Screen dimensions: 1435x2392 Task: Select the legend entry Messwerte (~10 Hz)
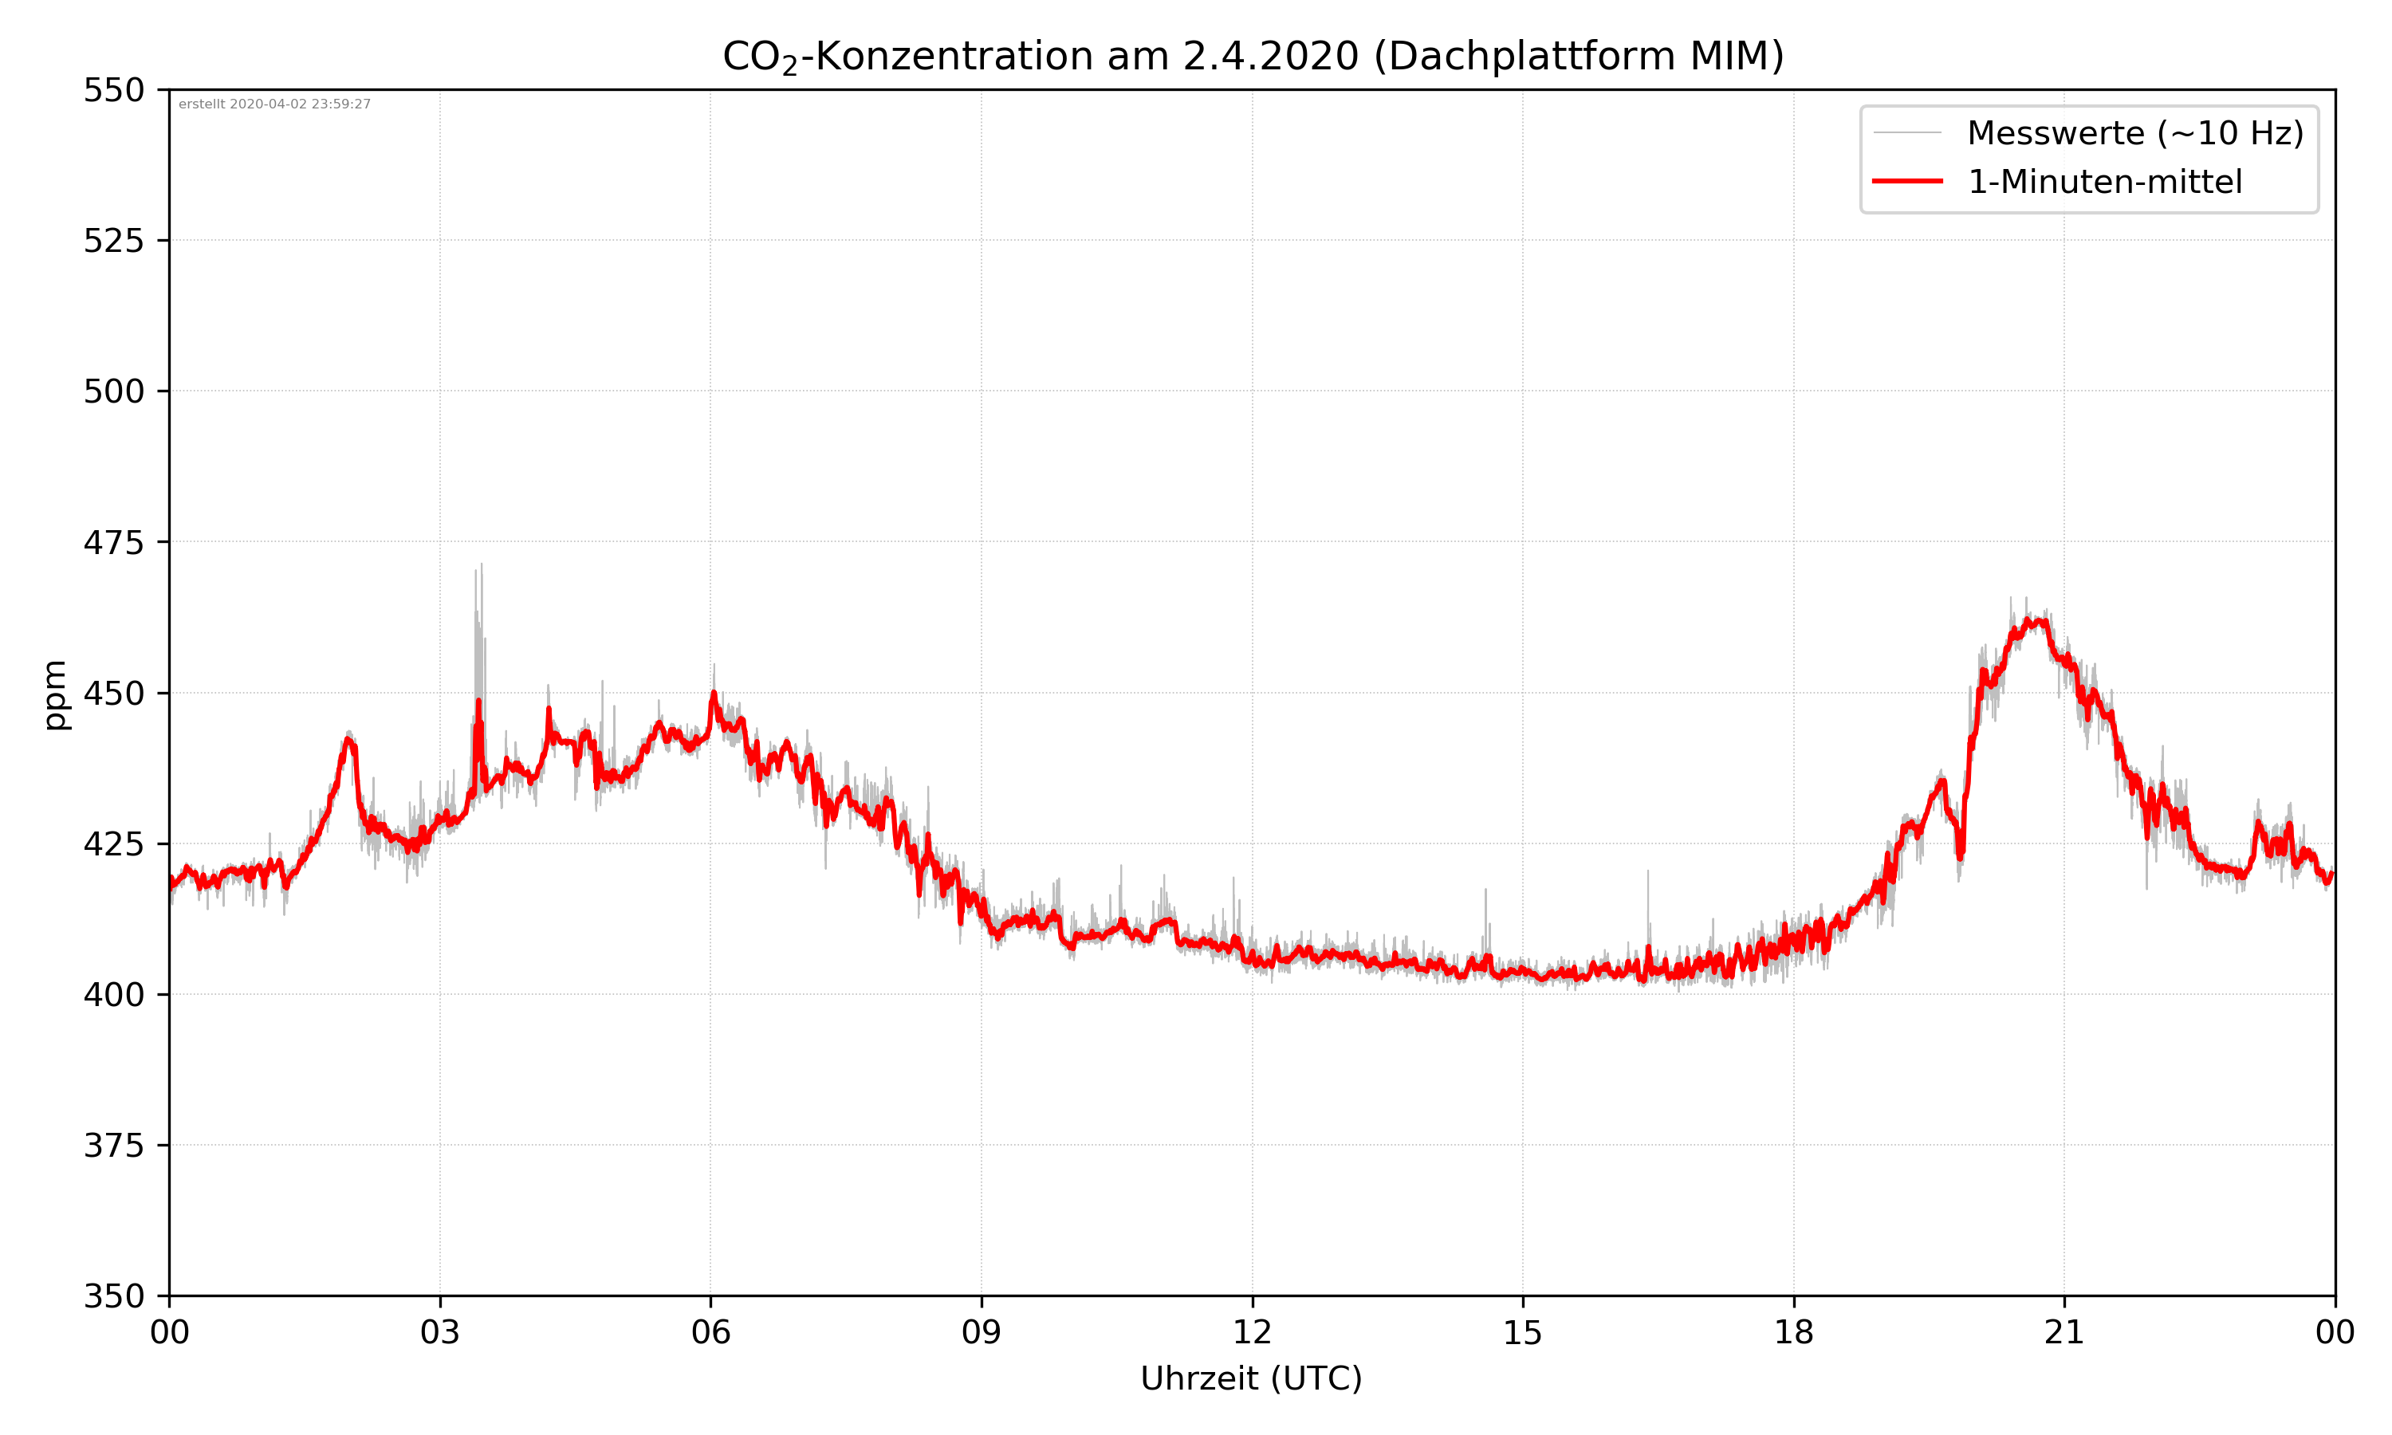(x=2134, y=133)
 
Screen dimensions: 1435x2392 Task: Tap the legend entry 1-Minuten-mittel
(x=2104, y=182)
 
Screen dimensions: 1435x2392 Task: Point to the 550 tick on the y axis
(x=113, y=90)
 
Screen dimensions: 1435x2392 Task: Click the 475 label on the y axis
(x=113, y=542)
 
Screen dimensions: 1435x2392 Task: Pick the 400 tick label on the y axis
(x=113, y=995)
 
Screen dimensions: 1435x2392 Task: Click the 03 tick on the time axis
(x=440, y=1332)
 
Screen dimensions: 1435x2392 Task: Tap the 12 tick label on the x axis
(x=1252, y=1332)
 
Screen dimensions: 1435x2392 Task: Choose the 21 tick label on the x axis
(x=2064, y=1332)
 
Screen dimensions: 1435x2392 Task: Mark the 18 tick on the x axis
(x=1793, y=1332)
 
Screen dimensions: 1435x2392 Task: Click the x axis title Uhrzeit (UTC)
(x=1251, y=1379)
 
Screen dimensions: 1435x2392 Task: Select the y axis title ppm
(x=55, y=694)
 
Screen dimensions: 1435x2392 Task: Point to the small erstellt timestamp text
(x=274, y=104)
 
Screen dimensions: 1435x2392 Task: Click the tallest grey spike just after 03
(x=482, y=567)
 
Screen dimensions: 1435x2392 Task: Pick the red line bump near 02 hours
(x=349, y=740)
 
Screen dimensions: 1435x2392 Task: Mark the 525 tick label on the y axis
(x=113, y=241)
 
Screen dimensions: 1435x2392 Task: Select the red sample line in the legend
(x=1906, y=181)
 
